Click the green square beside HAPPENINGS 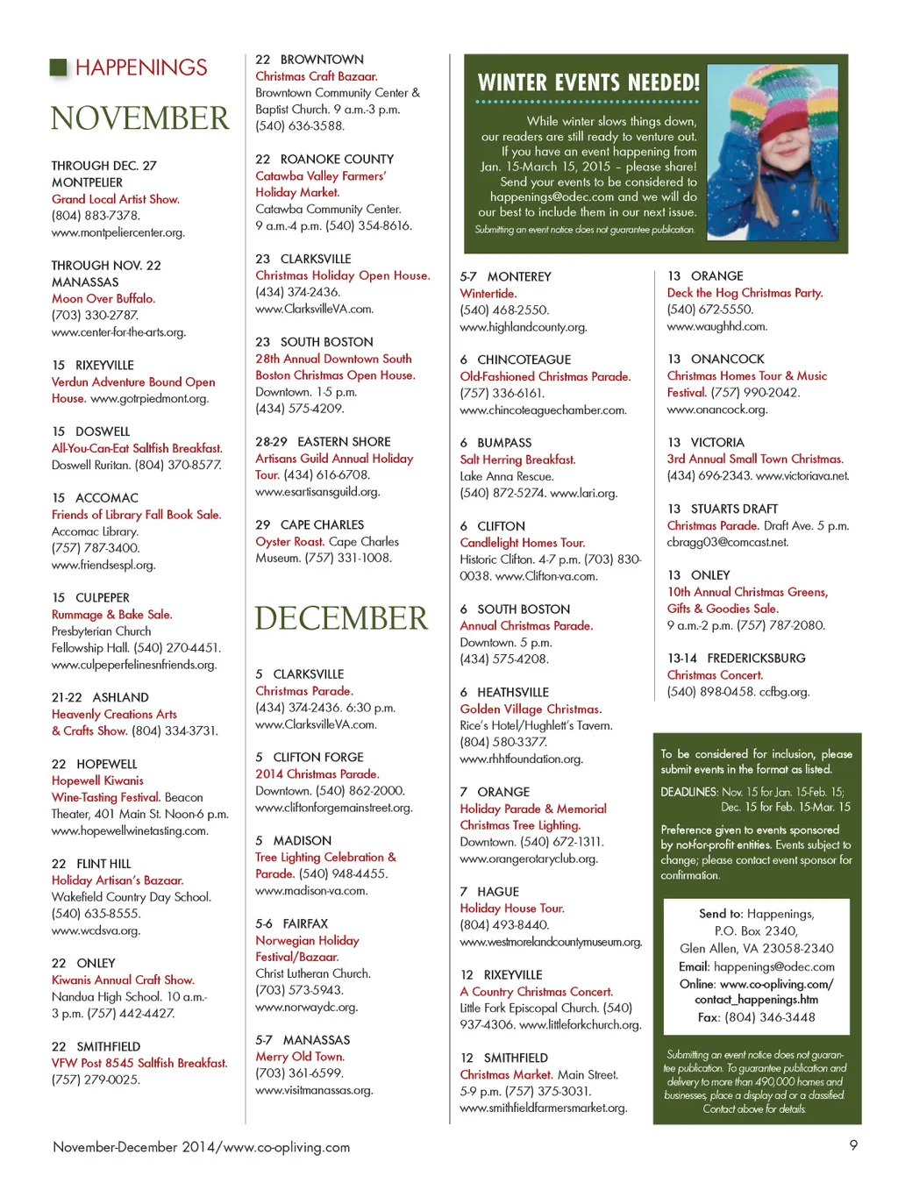tap(59, 68)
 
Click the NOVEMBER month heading tap(139, 118)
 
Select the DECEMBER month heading tap(341, 618)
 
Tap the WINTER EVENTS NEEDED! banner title tap(588, 83)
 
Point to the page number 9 tap(853, 1144)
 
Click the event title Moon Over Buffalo tap(103, 298)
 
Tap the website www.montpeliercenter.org tap(118, 232)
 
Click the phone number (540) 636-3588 tap(300, 125)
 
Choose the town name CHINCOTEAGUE tap(524, 360)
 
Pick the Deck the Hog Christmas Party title tap(745, 293)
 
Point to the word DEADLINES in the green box tap(689, 792)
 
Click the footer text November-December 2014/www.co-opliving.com tap(201, 1147)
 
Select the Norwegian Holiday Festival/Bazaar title tap(307, 948)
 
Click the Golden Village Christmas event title tap(531, 709)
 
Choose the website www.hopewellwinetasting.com tap(130, 830)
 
